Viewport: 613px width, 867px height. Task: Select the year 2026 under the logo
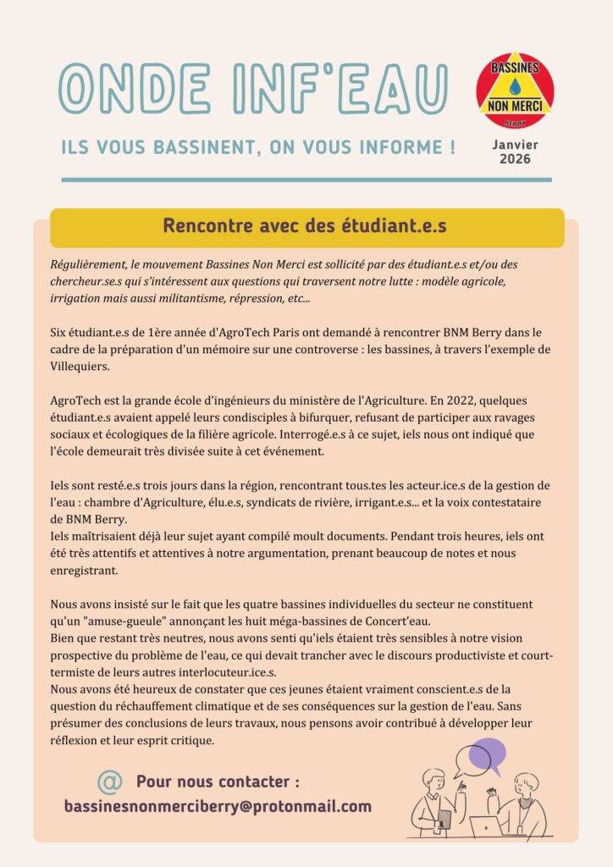pyautogui.click(x=515, y=159)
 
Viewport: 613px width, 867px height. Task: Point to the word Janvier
pyautogui.click(x=515, y=145)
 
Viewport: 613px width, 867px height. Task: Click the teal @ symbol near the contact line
pyautogui.click(x=109, y=781)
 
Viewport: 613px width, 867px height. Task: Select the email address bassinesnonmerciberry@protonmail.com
pyautogui.click(x=218, y=806)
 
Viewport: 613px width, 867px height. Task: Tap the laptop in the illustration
pyautogui.click(x=487, y=826)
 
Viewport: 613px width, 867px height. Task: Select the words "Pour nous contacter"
pyautogui.click(x=218, y=781)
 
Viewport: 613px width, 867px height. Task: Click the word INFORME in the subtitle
pyautogui.click(x=382, y=148)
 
